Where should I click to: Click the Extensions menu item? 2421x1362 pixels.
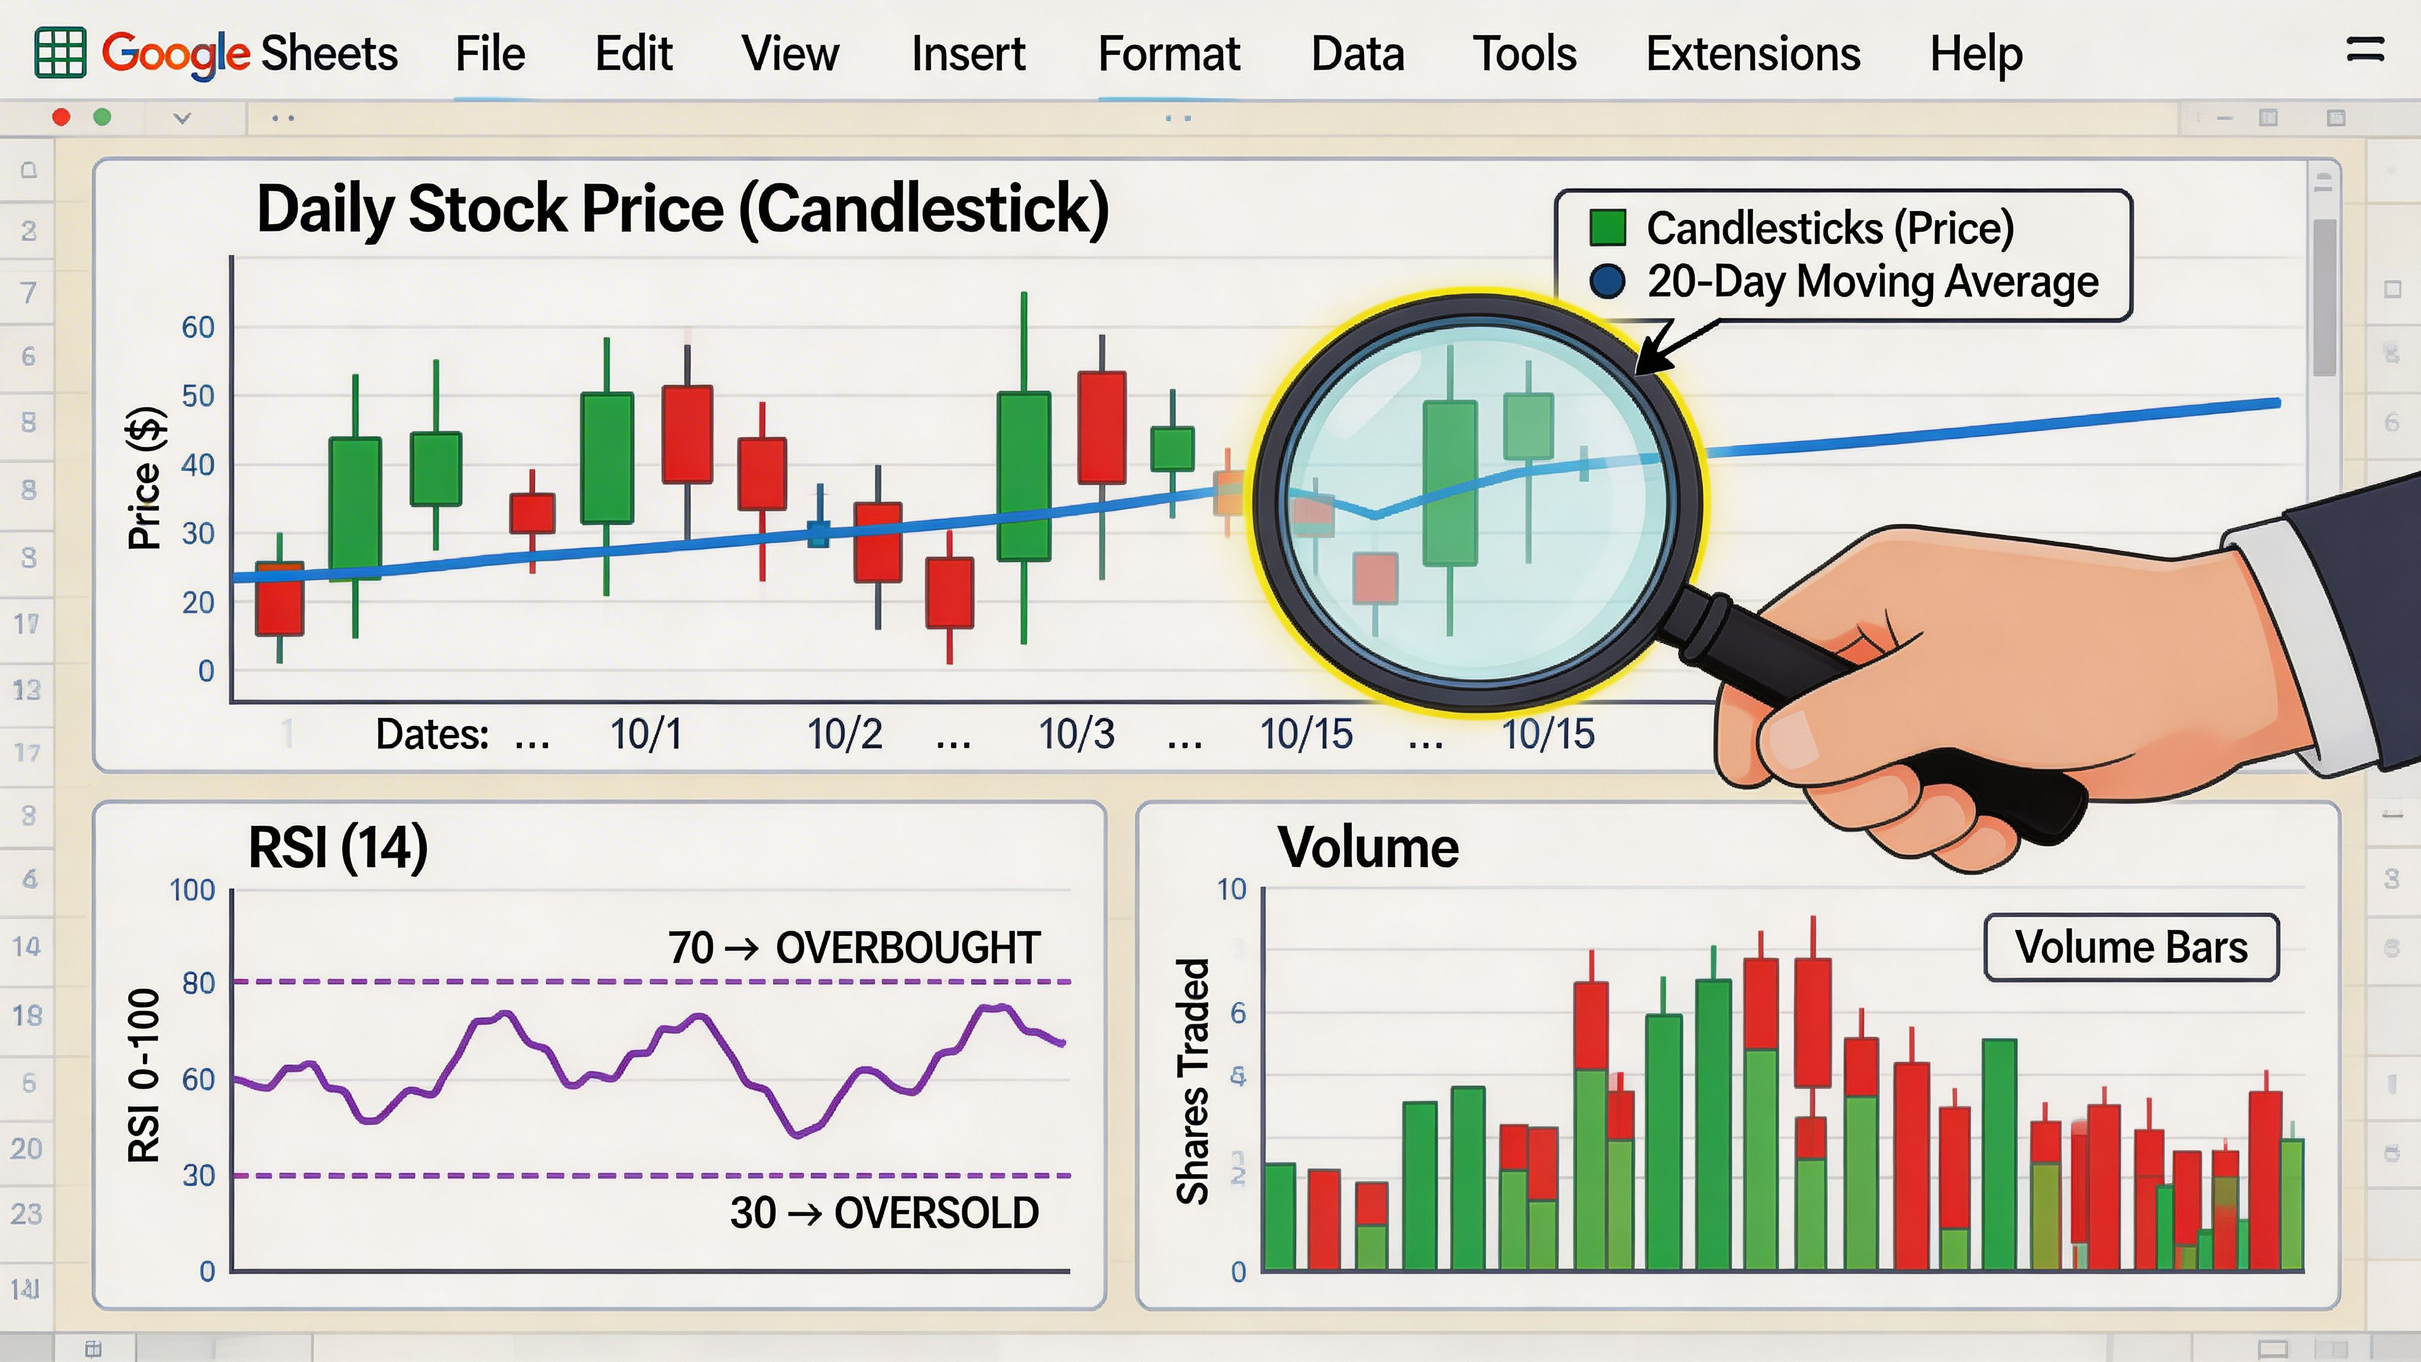point(1753,54)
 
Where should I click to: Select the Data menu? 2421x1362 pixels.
point(1357,54)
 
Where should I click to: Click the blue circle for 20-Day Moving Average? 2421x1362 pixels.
point(1607,281)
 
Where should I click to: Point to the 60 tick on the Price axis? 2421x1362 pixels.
point(199,327)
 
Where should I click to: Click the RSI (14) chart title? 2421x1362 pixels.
point(337,848)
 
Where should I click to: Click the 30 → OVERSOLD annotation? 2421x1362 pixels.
point(884,1212)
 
